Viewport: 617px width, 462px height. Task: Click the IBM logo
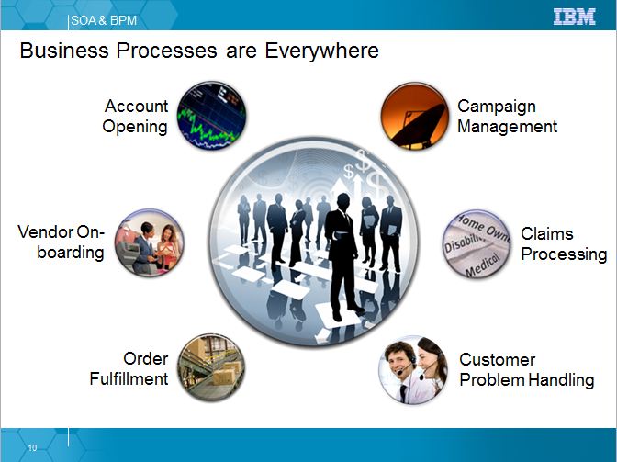tap(575, 17)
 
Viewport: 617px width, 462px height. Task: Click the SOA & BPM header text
tap(104, 20)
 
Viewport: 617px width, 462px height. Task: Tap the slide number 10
tap(32, 447)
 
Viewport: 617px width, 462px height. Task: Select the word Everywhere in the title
tap(321, 51)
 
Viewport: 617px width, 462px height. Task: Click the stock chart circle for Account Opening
tap(211, 116)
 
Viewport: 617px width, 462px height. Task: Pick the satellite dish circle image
tap(415, 116)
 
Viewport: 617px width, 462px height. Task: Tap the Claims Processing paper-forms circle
tap(477, 244)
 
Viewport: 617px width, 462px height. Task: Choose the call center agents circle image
tap(413, 370)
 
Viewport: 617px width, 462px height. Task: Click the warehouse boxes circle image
tap(211, 368)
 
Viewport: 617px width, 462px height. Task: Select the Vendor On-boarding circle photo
tap(149, 242)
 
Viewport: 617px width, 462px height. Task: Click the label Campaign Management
tap(507, 116)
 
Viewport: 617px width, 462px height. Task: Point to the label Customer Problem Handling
tap(526, 370)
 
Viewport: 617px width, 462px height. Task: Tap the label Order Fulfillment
tap(129, 368)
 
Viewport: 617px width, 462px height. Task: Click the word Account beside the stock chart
tap(137, 106)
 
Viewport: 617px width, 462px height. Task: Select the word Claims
tap(547, 233)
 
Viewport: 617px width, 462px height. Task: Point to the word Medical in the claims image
tap(483, 265)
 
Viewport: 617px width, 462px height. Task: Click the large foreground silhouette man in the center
tap(342, 255)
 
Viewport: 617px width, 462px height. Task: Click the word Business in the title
tap(64, 51)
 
